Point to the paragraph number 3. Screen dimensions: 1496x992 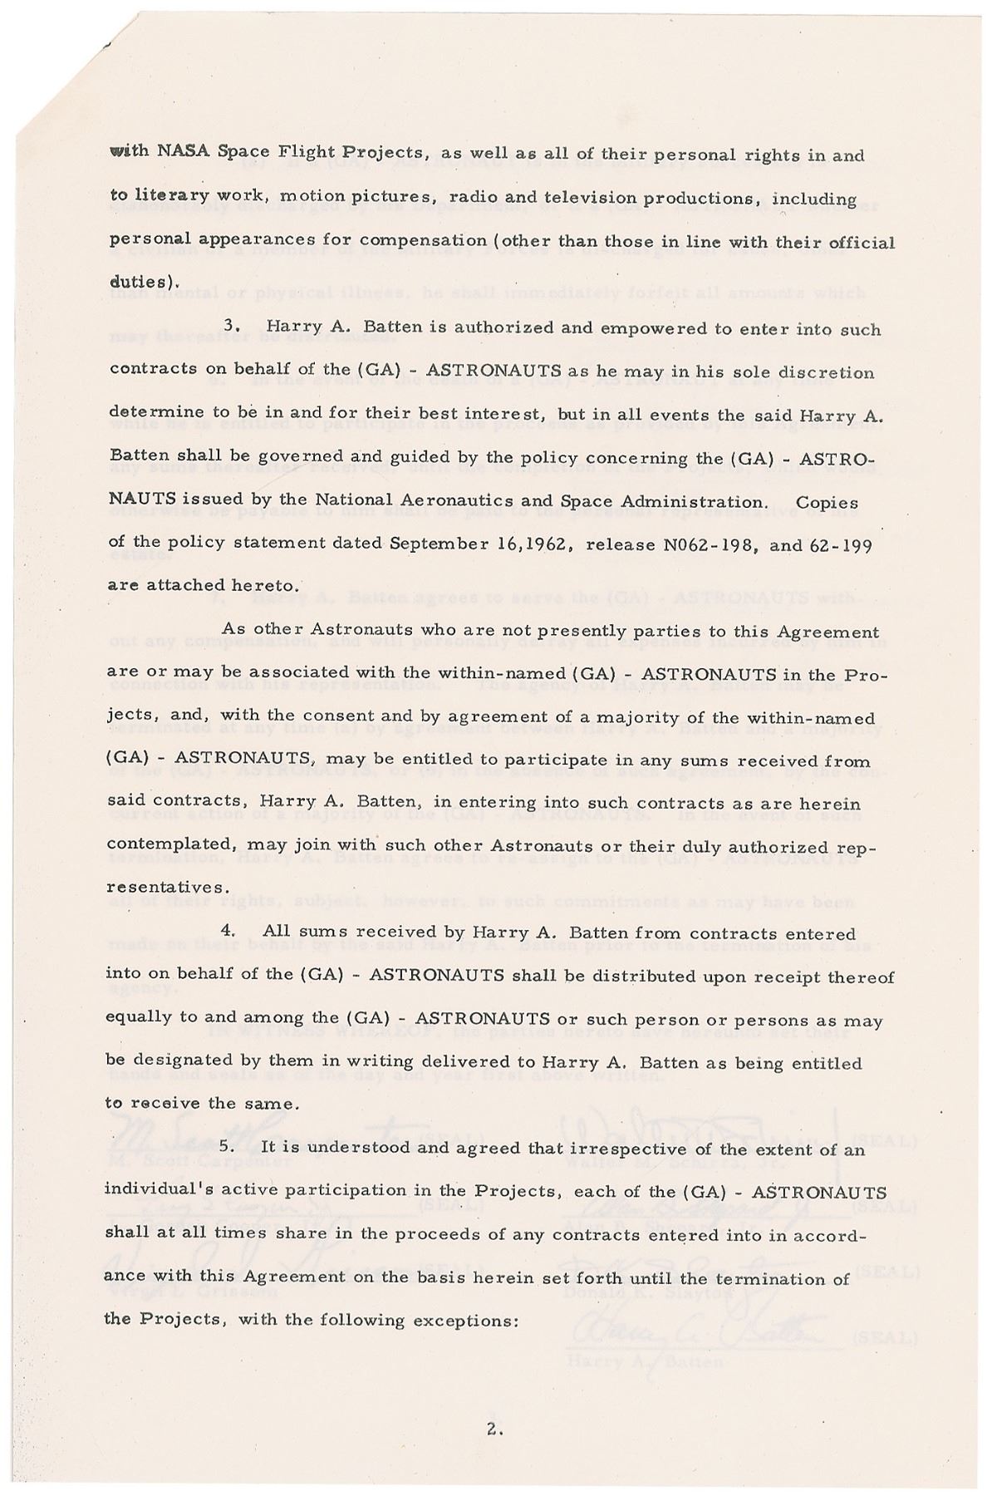point(233,328)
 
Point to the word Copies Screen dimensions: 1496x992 point(827,502)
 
